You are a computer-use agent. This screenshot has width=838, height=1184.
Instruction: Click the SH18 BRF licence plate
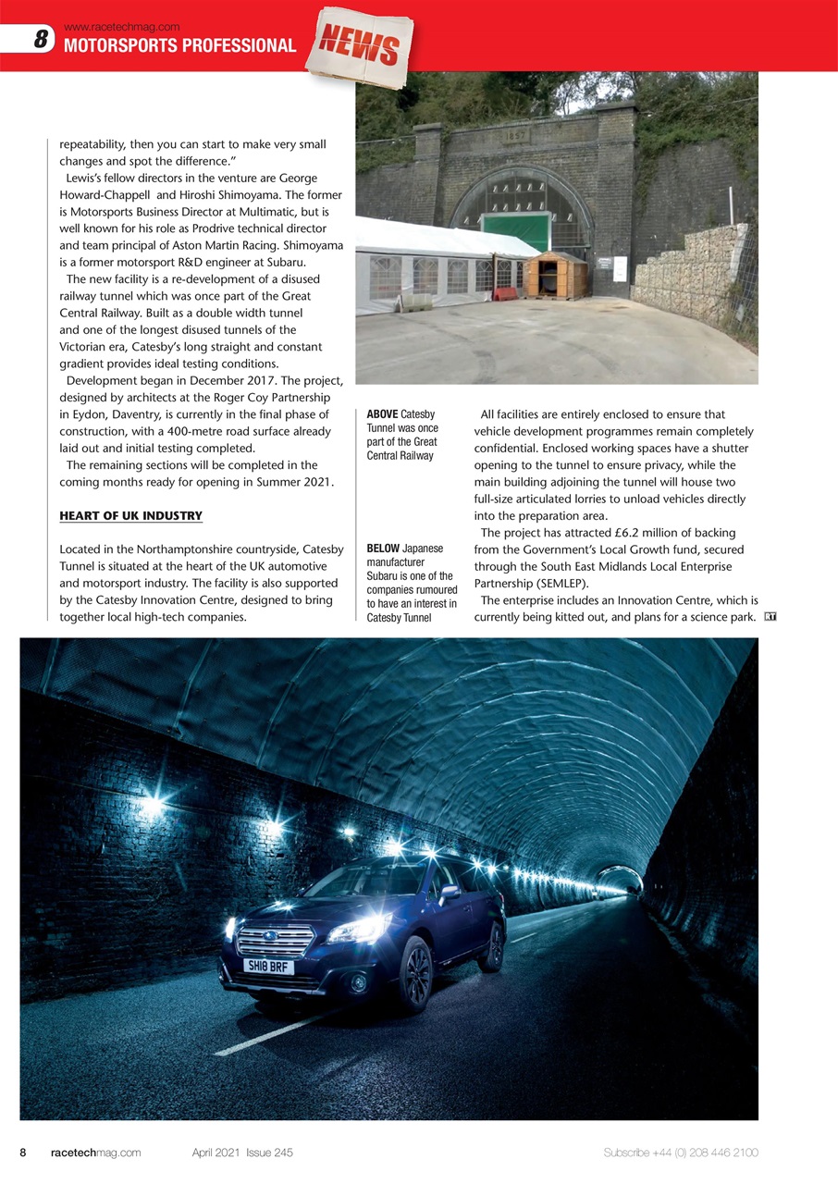click(x=268, y=967)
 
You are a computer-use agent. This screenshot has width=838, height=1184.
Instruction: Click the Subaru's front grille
click(x=276, y=941)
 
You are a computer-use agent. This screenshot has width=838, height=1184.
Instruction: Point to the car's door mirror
click(x=449, y=894)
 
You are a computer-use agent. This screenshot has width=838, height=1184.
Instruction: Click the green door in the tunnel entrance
click(x=516, y=231)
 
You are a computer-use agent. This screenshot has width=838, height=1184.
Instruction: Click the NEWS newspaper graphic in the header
click(x=361, y=45)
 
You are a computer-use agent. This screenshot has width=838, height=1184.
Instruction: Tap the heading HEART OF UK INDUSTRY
click(x=130, y=515)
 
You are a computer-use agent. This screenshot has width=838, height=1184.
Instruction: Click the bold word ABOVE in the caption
click(x=383, y=414)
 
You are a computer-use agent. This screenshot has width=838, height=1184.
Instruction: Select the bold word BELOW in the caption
click(x=384, y=549)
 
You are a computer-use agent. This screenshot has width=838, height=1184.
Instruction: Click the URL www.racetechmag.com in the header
click(x=122, y=27)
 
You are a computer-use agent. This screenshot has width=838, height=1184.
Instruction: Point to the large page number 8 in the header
click(x=40, y=40)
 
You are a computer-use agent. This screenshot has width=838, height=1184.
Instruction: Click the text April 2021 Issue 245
click(x=242, y=1153)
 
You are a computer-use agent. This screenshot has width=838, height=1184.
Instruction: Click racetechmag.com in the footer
click(x=95, y=1153)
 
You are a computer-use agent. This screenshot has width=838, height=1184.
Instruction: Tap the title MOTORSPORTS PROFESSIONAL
click(x=179, y=45)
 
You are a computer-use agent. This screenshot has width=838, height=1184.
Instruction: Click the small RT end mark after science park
click(x=770, y=617)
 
